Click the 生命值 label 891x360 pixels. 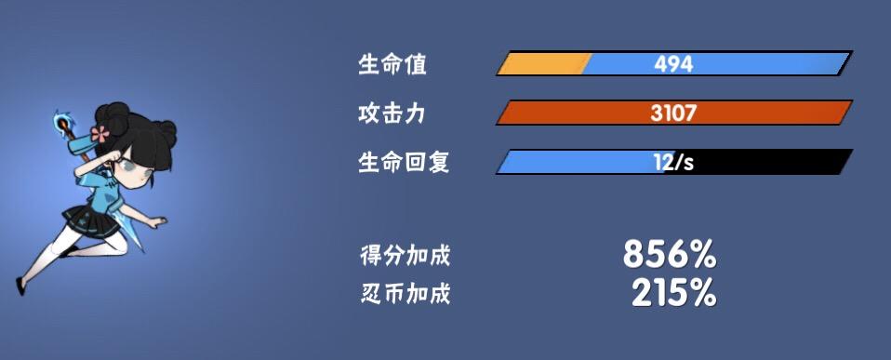[392, 64]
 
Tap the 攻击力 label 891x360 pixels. [392, 113]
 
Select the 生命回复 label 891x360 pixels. [404, 163]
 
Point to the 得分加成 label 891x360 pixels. [406, 256]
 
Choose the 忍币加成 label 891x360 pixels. [406, 294]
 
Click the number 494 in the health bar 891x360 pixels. [673, 64]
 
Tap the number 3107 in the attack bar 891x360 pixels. [673, 113]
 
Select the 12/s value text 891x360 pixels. [673, 163]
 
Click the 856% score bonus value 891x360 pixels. [670, 254]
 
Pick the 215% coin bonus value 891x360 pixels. [674, 293]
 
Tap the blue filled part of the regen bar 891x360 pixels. [582, 163]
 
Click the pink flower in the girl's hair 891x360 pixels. [100, 135]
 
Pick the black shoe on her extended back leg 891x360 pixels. [20, 287]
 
